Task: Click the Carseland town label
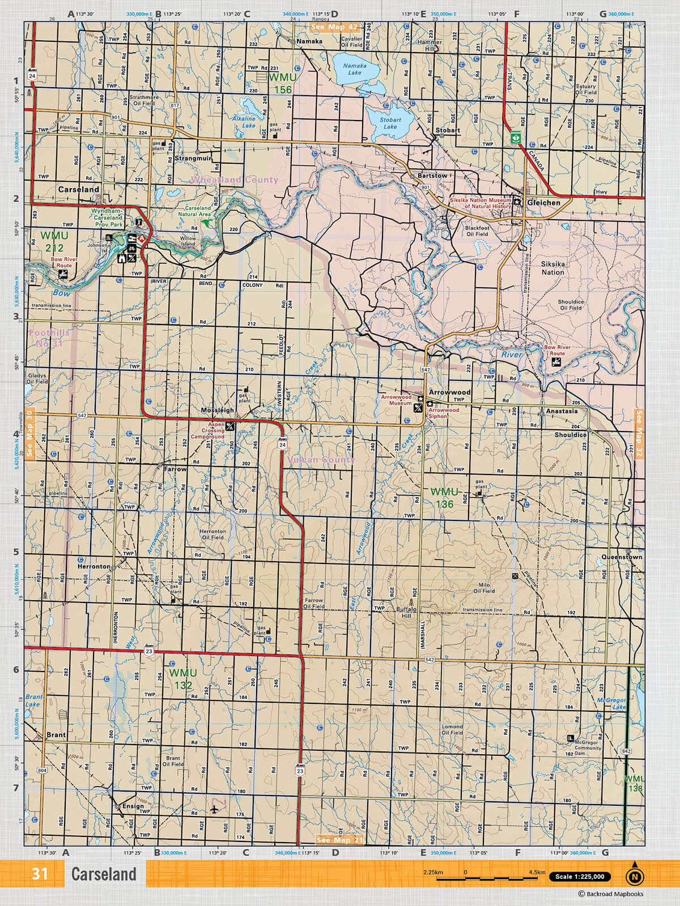[x=78, y=190]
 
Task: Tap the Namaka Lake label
[x=355, y=69]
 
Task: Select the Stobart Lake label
[x=390, y=123]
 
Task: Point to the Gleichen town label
[x=543, y=203]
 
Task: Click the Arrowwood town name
[x=449, y=392]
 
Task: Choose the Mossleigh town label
[x=217, y=410]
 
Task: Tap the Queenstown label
[x=622, y=557]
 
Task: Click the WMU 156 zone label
[x=282, y=83]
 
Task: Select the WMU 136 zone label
[x=444, y=498]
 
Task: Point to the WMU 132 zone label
[x=183, y=679]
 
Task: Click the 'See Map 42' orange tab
[x=334, y=27]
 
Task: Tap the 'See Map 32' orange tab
[x=639, y=426]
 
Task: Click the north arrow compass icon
[x=635, y=875]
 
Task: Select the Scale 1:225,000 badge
[x=580, y=877]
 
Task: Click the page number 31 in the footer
[x=40, y=874]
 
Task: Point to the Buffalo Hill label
[x=406, y=613]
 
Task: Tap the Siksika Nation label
[x=552, y=268]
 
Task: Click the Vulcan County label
[x=321, y=460]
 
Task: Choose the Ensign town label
[x=133, y=806]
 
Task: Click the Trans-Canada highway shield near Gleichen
[x=516, y=137]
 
